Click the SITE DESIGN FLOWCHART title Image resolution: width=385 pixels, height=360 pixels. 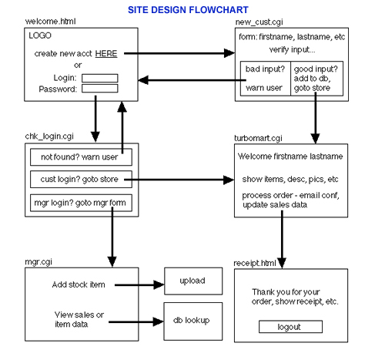tap(188, 10)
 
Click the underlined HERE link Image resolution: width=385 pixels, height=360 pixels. tap(106, 54)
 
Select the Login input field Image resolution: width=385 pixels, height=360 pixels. tap(100, 78)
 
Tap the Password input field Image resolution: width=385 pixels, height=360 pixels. tap(100, 89)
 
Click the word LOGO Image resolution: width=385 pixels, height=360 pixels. tap(40, 35)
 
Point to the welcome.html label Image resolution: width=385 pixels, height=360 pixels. tap(50, 22)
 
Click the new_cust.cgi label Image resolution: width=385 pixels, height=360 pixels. tap(259, 22)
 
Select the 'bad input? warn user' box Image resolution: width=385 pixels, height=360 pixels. tap(266, 79)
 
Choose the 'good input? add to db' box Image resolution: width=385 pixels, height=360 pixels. tap(316, 79)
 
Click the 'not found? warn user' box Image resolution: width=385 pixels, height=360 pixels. tap(81, 156)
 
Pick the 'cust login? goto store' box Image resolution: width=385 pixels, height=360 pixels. tap(81, 180)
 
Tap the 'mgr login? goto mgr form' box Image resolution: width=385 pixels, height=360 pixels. tap(81, 203)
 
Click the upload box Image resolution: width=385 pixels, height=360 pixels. tap(193, 281)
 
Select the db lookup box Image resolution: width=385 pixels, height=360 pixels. tap(193, 321)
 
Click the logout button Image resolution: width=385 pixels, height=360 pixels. tap(290, 327)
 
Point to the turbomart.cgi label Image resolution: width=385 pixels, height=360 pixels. tap(258, 138)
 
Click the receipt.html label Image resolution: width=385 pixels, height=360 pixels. tap(255, 263)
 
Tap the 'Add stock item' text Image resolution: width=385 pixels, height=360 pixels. tap(79, 284)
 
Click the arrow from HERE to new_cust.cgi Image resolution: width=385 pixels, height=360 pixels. tap(179, 53)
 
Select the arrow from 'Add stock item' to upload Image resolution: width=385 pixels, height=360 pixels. tap(139, 285)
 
